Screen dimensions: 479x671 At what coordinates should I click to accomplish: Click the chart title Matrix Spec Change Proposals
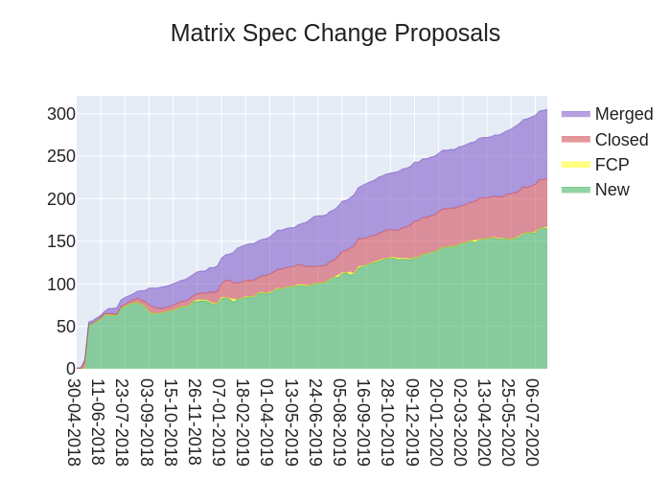pos(335,34)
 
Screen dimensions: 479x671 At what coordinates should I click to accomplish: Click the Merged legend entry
pos(623,114)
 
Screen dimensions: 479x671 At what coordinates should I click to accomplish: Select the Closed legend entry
pos(621,140)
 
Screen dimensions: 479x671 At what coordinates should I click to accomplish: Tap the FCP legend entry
pos(612,165)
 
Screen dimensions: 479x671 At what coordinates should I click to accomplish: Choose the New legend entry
pos(612,190)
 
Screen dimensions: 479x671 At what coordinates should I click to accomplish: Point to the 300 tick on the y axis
pos(61,114)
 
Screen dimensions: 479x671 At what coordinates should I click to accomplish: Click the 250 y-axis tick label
pos(61,156)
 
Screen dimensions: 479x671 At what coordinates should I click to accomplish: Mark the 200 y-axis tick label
pos(61,199)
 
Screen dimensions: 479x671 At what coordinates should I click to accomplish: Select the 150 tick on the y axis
pos(61,241)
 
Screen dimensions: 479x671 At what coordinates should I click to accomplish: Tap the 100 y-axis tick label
pos(61,284)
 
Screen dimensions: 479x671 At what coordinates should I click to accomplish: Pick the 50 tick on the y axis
pos(65,326)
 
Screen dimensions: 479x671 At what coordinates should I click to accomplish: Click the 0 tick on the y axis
pos(70,369)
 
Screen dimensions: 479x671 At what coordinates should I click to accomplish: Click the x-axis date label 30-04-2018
pos(74,422)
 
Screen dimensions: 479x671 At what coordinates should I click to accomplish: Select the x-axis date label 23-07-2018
pos(122,422)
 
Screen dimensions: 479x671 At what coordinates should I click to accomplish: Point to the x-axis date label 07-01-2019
pos(219,422)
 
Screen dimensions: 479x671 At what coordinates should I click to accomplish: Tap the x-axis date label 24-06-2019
pos(315,422)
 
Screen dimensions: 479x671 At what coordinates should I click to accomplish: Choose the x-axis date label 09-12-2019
pos(412,422)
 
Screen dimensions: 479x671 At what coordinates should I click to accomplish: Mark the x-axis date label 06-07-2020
pos(533,422)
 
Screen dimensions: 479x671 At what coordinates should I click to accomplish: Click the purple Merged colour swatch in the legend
pos(575,114)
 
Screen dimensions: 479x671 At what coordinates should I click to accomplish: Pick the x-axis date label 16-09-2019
pos(363,422)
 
